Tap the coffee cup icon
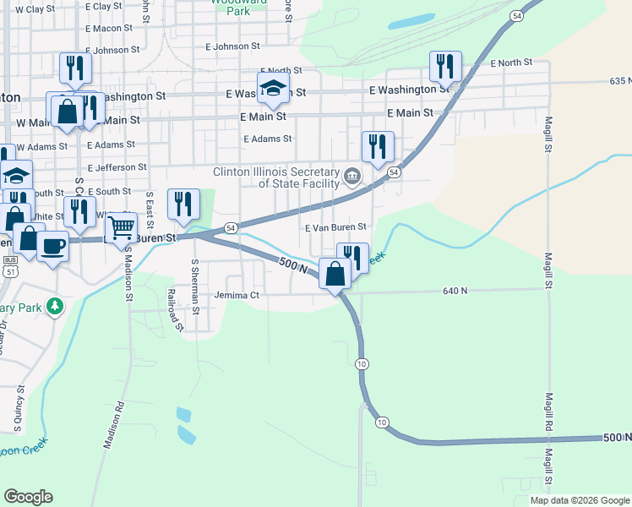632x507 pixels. coord(52,246)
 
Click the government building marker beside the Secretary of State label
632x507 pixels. coord(353,176)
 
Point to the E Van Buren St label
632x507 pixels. coord(335,227)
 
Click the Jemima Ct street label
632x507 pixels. coord(237,295)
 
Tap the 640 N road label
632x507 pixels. coord(455,291)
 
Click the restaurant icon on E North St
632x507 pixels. coord(444,67)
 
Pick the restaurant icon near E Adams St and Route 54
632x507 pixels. coord(377,146)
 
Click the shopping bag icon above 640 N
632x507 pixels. coord(335,273)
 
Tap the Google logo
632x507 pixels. coord(28,497)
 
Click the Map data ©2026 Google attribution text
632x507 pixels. coord(580,500)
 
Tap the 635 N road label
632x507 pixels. coord(619,81)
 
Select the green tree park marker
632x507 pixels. coord(56,305)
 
